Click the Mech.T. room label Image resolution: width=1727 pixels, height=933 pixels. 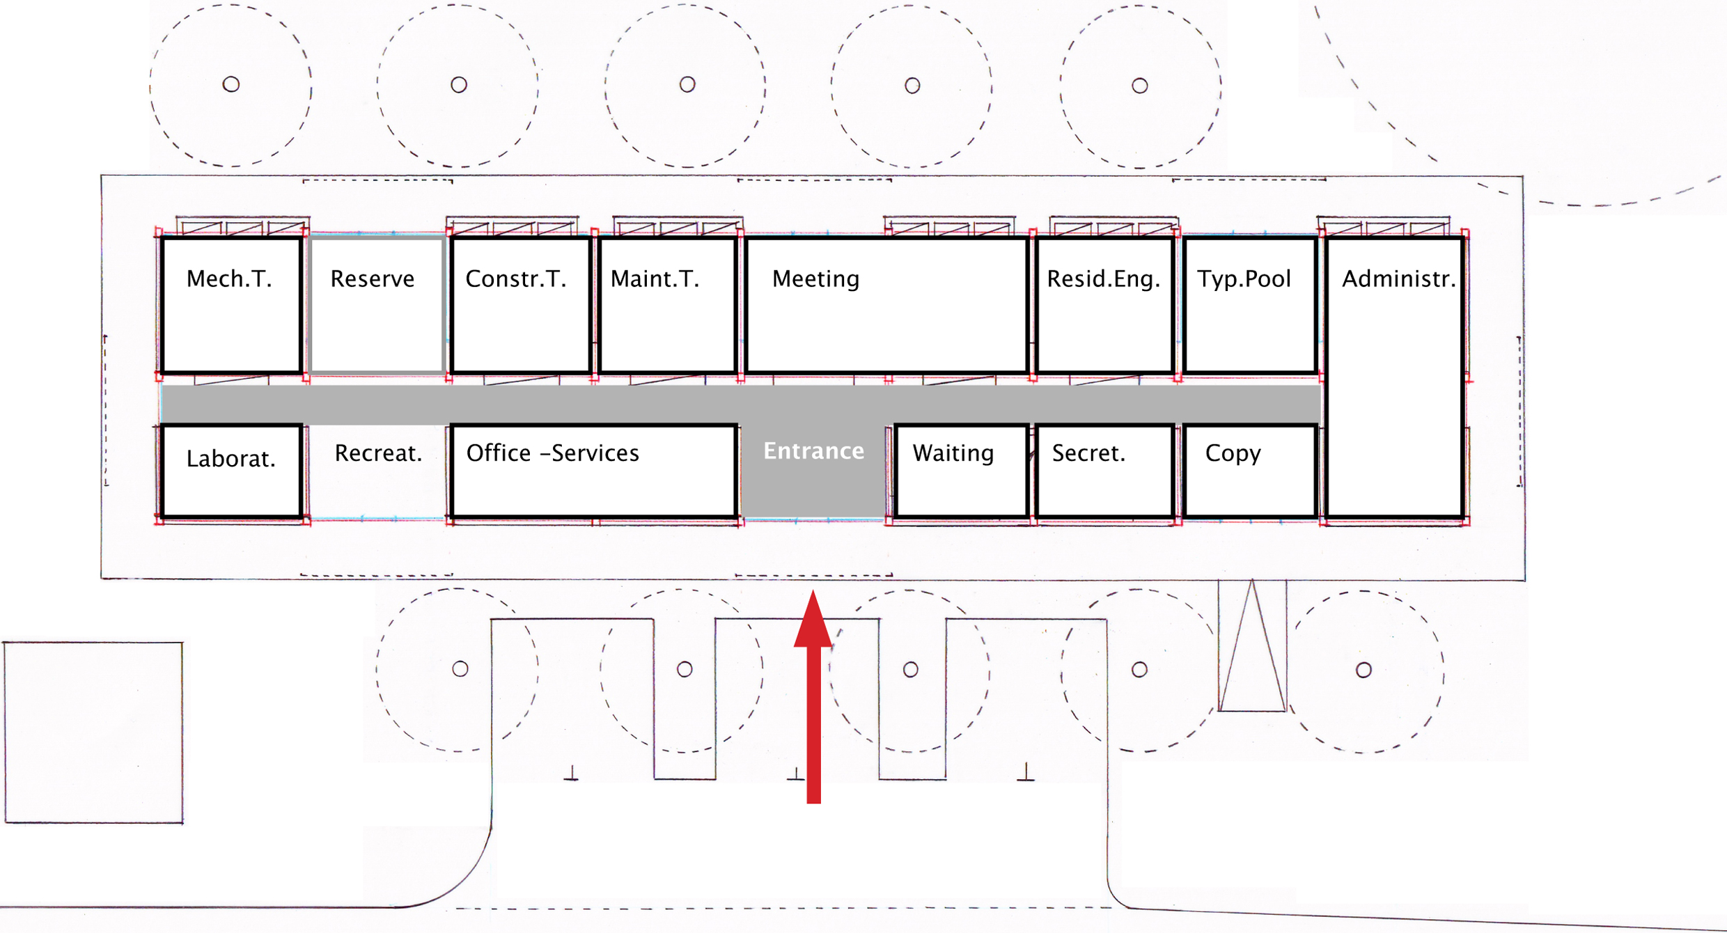(229, 279)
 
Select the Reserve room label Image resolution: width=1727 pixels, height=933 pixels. (372, 279)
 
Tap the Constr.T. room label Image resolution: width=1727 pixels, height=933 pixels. (515, 279)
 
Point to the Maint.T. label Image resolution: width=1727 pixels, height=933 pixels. (655, 279)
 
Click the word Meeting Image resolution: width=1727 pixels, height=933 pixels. (815, 279)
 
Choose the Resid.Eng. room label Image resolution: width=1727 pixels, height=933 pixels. (1104, 279)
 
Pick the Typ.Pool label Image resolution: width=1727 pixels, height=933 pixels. (1244, 279)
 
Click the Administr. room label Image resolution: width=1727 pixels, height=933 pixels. (1398, 279)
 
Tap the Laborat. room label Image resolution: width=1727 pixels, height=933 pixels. (230, 459)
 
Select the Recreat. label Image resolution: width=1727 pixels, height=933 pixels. (378, 454)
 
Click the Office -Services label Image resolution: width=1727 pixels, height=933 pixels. (552, 453)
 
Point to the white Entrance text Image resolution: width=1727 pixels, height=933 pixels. (813, 451)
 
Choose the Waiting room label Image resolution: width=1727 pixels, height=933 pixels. (953, 453)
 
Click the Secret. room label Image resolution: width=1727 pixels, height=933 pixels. (1088, 454)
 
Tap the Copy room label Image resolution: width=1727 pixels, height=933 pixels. (1233, 454)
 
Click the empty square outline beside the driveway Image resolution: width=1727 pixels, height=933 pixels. (93, 732)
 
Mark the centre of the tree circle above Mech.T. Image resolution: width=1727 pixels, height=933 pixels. (231, 85)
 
